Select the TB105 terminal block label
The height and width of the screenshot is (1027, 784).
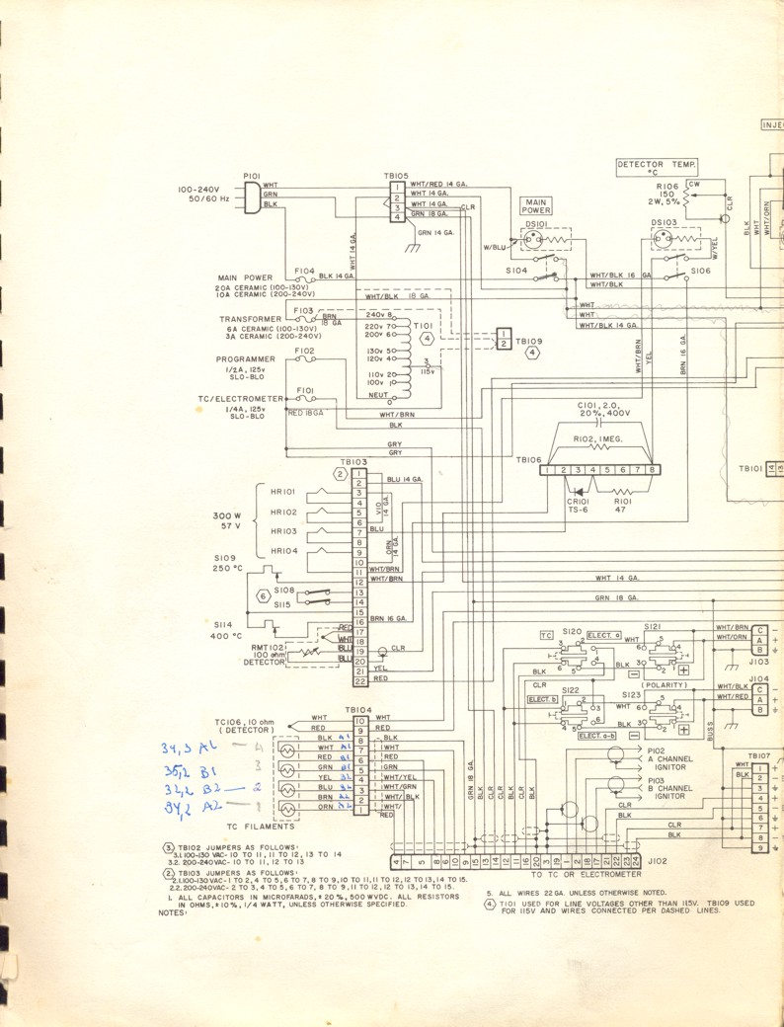(396, 175)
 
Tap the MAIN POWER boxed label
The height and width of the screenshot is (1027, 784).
(536, 205)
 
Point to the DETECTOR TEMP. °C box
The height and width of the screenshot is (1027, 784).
(657, 166)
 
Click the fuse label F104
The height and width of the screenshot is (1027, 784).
(304, 270)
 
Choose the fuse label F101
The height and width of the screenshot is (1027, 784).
(305, 390)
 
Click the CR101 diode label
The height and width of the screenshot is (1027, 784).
(579, 500)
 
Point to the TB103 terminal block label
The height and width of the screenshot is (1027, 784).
(353, 461)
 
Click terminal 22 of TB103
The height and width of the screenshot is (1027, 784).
(360, 681)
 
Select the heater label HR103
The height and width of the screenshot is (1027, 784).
(283, 530)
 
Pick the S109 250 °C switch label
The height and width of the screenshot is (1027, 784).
(228, 562)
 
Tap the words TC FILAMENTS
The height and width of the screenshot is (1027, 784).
(261, 826)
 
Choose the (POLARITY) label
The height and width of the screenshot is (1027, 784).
(664, 684)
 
